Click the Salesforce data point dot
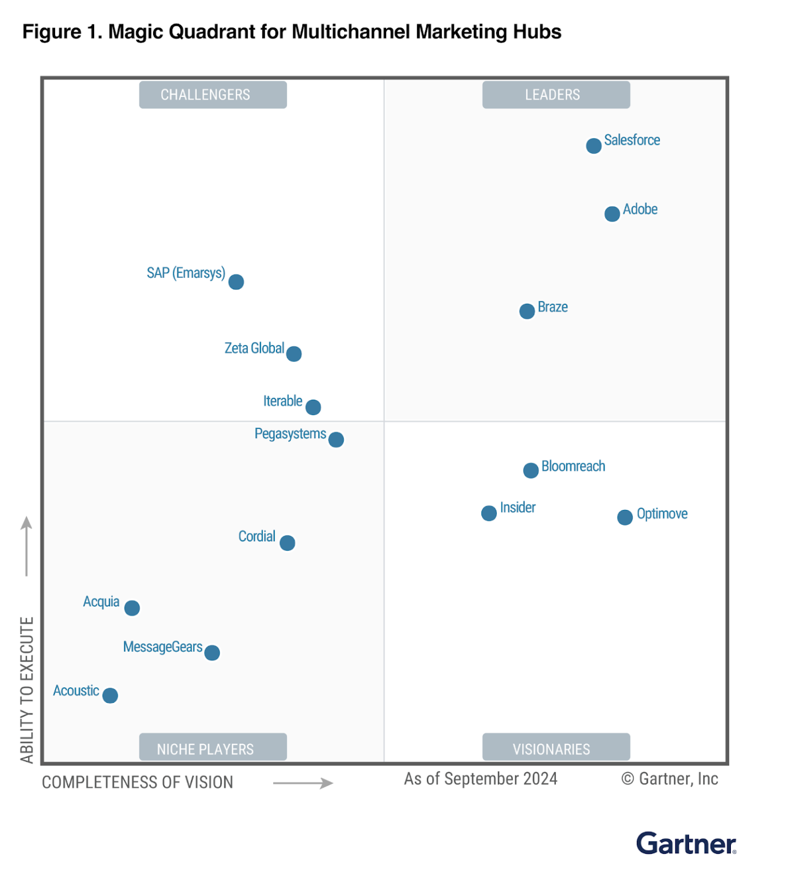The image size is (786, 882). [x=594, y=146]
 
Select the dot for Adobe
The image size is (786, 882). [x=612, y=214]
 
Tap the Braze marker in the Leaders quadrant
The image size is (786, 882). [x=527, y=311]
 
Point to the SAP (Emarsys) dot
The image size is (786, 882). [x=236, y=282]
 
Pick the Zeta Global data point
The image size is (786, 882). [x=294, y=354]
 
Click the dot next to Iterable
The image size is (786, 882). [x=313, y=407]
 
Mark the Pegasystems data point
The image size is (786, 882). [x=336, y=440]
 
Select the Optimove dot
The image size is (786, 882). [x=625, y=517]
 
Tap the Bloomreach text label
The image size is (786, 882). [x=573, y=466]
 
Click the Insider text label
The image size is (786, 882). [x=517, y=508]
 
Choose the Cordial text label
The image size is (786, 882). [x=256, y=536]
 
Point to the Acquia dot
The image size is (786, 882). [x=132, y=608]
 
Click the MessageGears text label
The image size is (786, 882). [x=162, y=647]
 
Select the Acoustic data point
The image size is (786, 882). [x=110, y=695]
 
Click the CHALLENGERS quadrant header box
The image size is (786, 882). [x=213, y=95]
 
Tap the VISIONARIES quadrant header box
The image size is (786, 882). [x=556, y=747]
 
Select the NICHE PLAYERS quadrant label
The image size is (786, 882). [x=213, y=747]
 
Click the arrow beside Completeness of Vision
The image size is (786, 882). [x=303, y=783]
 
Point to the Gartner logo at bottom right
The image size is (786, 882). [x=686, y=844]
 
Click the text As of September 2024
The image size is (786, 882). [x=480, y=779]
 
